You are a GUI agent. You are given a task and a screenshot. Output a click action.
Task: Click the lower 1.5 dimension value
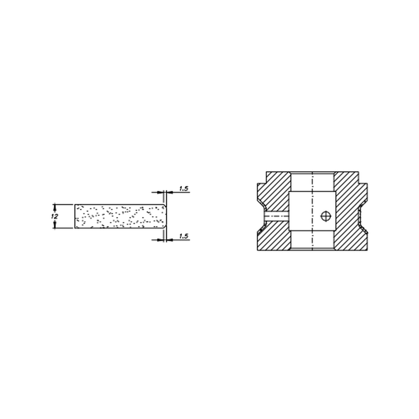click(x=183, y=236)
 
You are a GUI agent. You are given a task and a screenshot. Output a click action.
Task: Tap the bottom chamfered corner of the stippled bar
click(x=165, y=225)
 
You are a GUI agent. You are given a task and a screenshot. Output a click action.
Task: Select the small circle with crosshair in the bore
click(x=326, y=216)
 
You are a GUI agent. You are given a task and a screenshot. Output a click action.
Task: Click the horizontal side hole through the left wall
click(x=277, y=216)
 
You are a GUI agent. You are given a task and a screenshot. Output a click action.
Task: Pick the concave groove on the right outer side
click(x=361, y=216)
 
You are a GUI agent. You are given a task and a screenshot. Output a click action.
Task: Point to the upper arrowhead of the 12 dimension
click(x=55, y=206)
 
